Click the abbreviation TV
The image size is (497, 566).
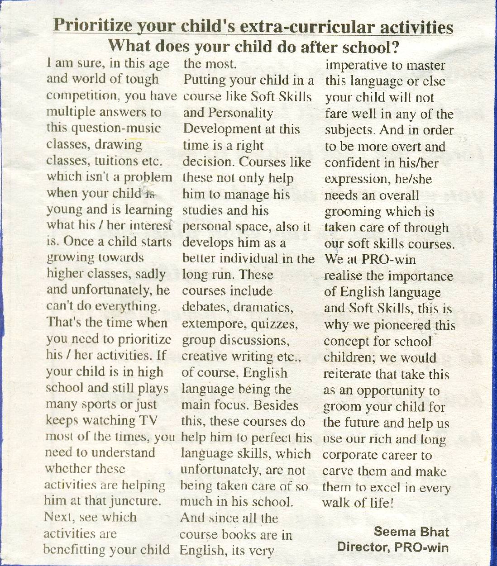click(x=148, y=420)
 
